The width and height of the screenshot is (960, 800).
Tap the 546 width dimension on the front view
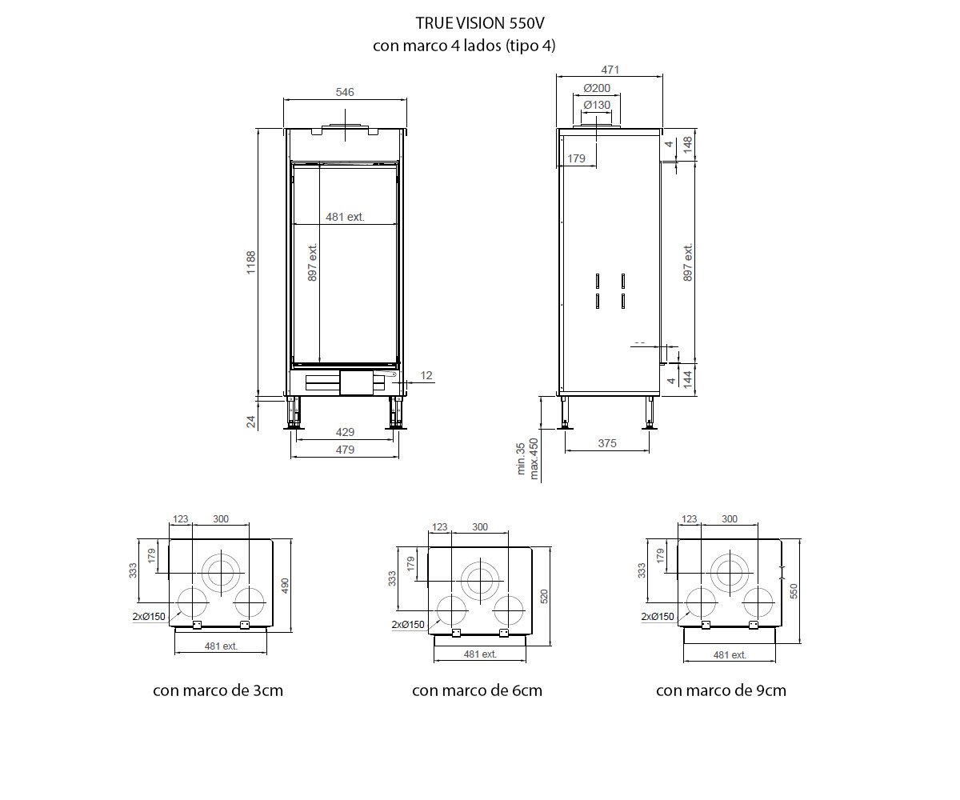345,92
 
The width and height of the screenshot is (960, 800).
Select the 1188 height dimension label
250,262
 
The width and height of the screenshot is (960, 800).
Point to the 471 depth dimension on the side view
610,70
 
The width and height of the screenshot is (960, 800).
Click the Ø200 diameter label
597,88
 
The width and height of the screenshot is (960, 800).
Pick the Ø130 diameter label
597,105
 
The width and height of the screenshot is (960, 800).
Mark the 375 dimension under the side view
607,443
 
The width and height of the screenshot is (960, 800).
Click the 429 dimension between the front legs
345,432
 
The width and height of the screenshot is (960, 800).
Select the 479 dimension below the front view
345,450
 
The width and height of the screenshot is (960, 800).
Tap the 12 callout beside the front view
426,375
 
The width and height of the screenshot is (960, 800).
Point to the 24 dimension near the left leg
250,422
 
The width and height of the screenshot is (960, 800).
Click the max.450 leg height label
534,458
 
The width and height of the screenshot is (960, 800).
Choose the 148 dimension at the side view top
687,145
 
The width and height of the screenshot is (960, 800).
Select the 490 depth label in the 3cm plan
285,586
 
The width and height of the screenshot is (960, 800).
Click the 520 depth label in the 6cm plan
544,596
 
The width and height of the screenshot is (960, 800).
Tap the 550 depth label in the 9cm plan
794,591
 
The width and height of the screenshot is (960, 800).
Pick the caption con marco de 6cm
477,690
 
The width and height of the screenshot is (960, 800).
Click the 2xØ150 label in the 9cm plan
658,617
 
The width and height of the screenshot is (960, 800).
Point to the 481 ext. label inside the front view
345,217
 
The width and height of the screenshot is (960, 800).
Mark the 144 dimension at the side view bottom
687,380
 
